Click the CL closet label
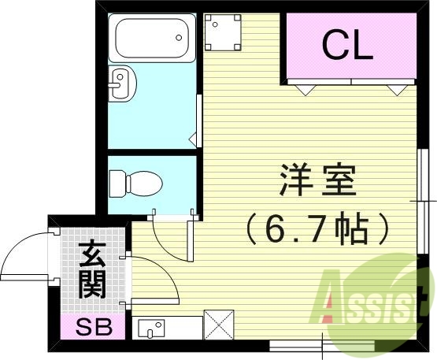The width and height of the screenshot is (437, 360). [346, 46]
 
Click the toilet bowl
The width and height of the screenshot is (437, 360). [135, 184]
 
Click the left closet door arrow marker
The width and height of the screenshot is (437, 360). [303, 89]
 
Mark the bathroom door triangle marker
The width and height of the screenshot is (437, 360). [192, 140]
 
